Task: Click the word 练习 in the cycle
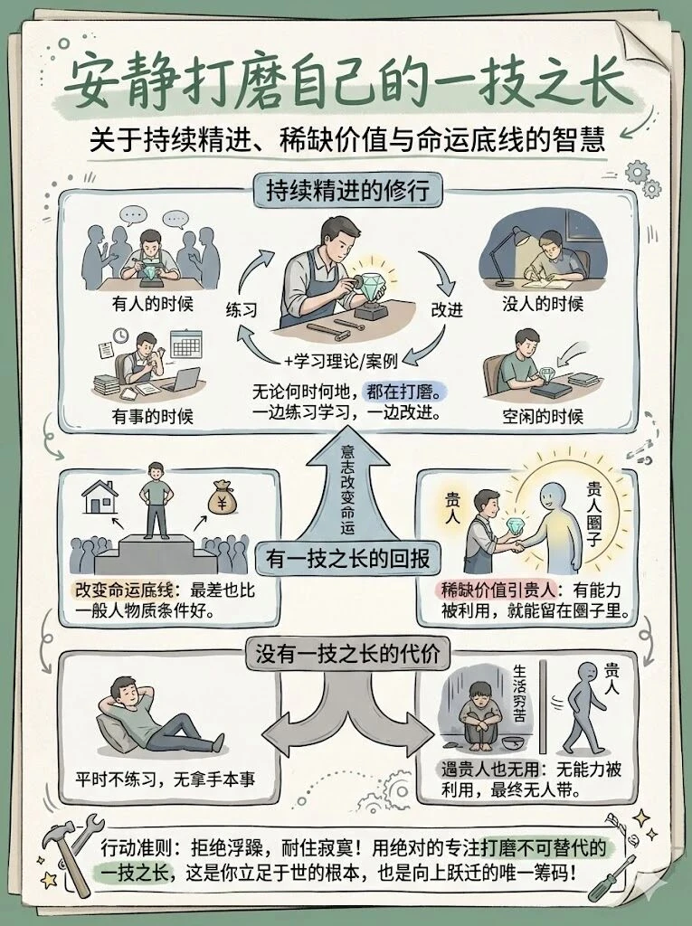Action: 242,310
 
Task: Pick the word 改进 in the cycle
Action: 447,310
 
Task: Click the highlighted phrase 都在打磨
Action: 403,392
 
